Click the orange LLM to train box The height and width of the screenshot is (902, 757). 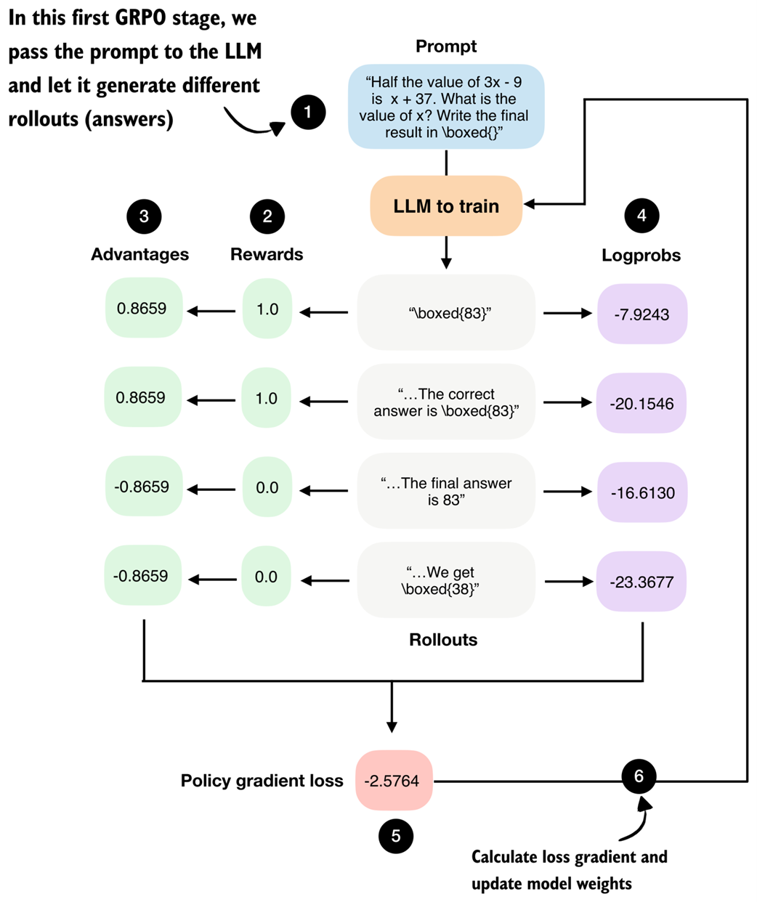point(446,206)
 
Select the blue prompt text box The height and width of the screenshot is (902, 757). point(446,107)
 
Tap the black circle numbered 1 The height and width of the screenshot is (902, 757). point(308,112)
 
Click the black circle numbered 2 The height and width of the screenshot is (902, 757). point(267,216)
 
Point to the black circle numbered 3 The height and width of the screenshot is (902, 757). point(144,216)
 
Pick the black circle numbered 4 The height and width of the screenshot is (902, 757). point(641,215)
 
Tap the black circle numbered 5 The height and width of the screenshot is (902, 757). point(396,836)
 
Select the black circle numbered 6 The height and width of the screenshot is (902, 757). point(639,776)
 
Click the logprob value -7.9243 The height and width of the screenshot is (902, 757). point(641,314)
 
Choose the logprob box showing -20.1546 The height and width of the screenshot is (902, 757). point(641,404)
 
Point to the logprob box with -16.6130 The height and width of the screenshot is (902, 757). point(641,493)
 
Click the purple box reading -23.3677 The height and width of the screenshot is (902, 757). point(641,582)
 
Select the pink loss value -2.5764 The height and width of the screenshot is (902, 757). point(394,781)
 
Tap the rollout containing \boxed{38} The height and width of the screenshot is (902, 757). point(445,581)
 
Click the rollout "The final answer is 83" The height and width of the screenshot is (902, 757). point(445,492)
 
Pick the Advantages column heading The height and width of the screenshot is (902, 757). point(140,254)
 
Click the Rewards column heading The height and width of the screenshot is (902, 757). point(267,254)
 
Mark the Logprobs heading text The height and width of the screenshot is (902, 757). point(641,256)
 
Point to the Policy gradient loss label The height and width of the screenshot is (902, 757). point(262,781)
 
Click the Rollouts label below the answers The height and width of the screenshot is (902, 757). point(443,640)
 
